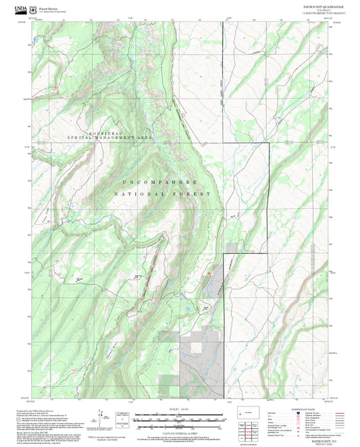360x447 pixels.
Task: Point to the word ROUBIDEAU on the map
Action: (x=105, y=132)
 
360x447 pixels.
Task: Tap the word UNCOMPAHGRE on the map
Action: (x=160, y=182)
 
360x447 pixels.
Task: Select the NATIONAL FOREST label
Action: (x=162, y=194)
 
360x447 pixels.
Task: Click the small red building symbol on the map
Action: (x=209, y=273)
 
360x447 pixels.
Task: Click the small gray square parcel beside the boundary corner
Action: (x=233, y=248)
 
